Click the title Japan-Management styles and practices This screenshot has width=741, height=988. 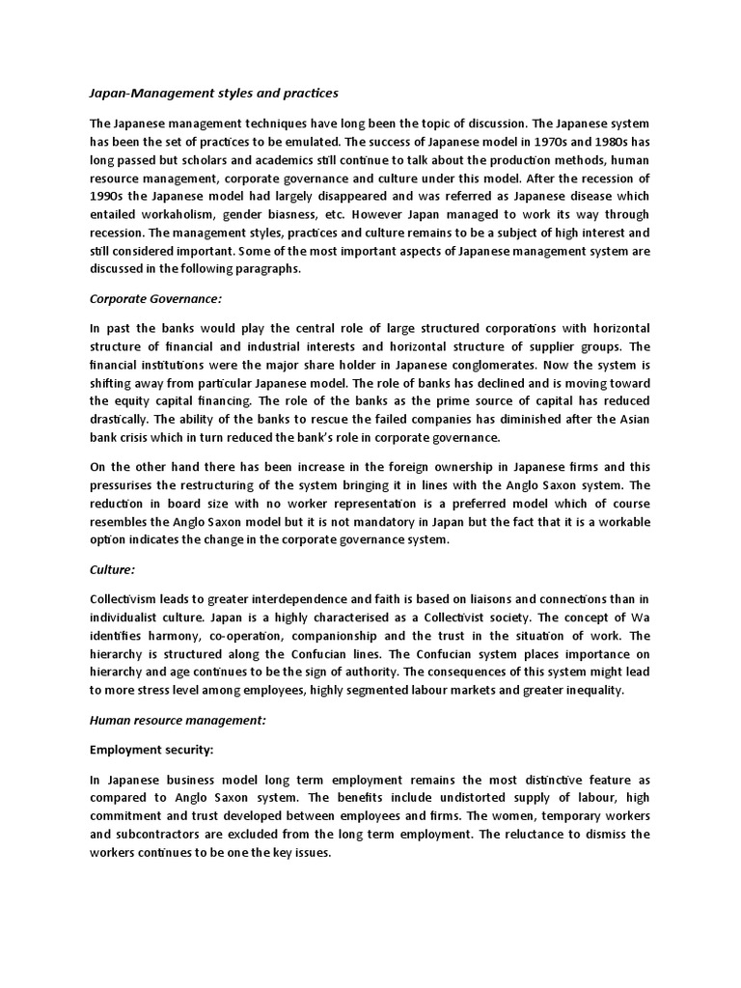[x=213, y=94]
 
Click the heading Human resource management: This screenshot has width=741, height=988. [x=178, y=720]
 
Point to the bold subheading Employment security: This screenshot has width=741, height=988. [x=145, y=749]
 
